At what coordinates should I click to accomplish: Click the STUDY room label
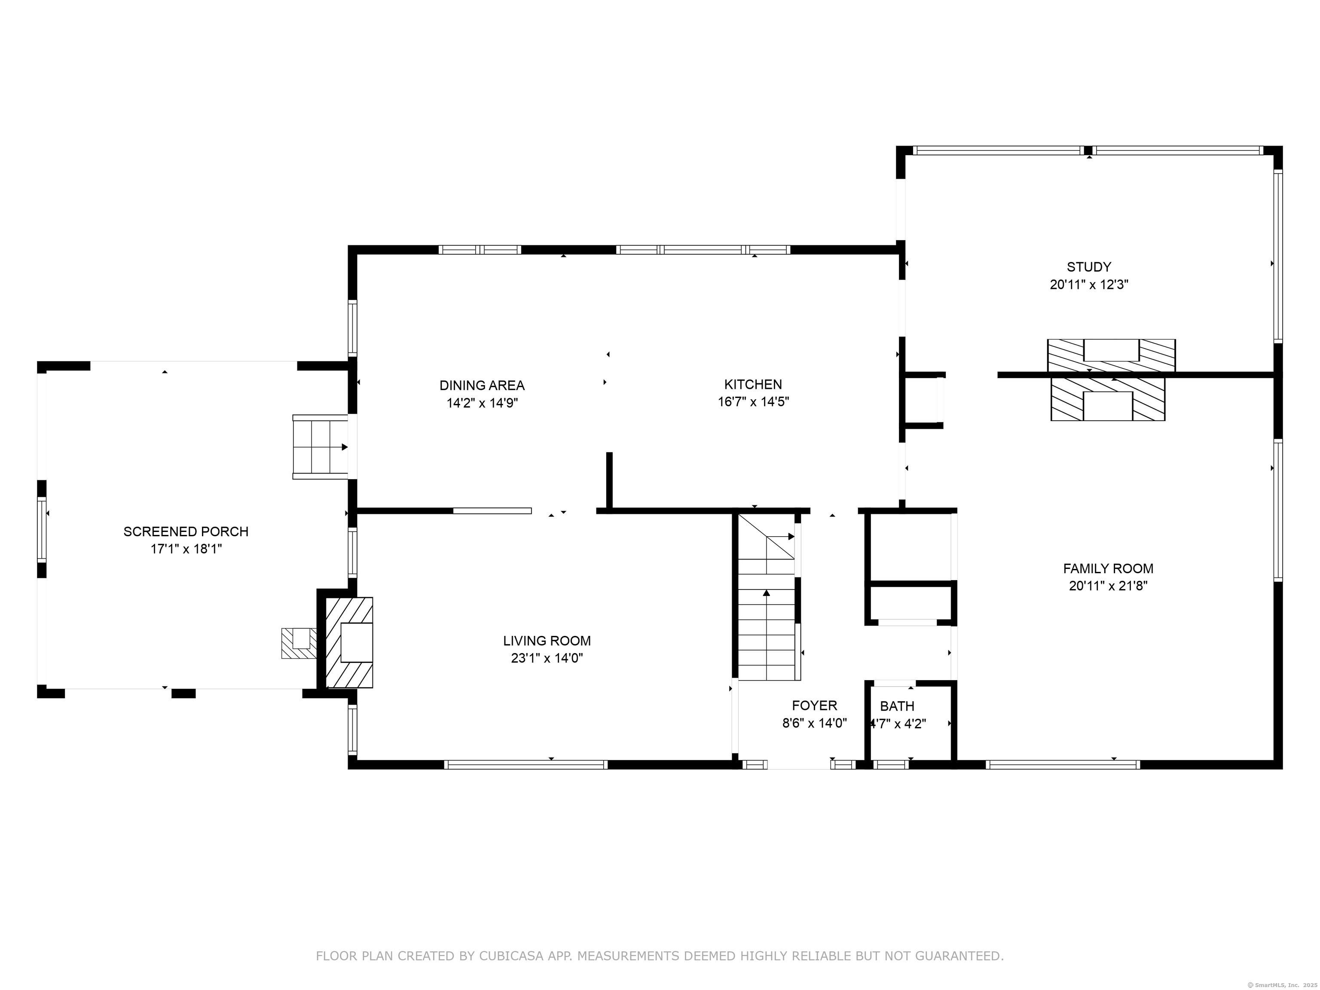click(1089, 267)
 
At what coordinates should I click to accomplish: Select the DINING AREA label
click(482, 385)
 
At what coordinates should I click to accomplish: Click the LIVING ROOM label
click(547, 641)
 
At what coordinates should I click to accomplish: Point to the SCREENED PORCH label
click(186, 532)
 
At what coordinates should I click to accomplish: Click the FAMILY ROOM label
click(1108, 569)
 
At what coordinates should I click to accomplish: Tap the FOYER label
click(815, 706)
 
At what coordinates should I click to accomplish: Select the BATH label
click(897, 706)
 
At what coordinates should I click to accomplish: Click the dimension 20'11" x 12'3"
click(1089, 284)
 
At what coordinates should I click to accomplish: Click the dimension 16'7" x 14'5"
click(753, 402)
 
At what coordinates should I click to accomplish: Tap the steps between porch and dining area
click(321, 447)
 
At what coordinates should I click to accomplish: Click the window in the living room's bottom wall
click(526, 764)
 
